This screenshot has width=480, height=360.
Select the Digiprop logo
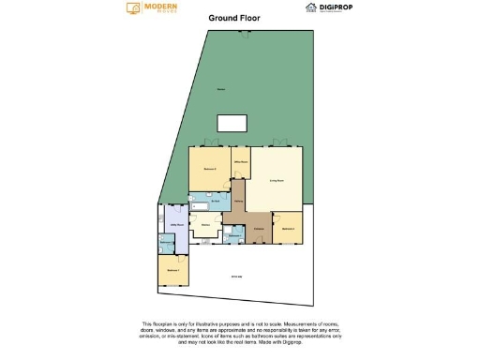(326, 7)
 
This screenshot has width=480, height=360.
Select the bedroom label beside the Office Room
(210, 169)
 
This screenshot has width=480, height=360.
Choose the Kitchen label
(204, 225)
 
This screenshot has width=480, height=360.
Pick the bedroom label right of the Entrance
(288, 228)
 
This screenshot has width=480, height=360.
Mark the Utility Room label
(175, 225)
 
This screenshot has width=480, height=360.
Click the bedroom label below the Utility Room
(172, 270)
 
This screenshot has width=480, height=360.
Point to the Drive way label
(238, 275)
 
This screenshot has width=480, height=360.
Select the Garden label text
(221, 90)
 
